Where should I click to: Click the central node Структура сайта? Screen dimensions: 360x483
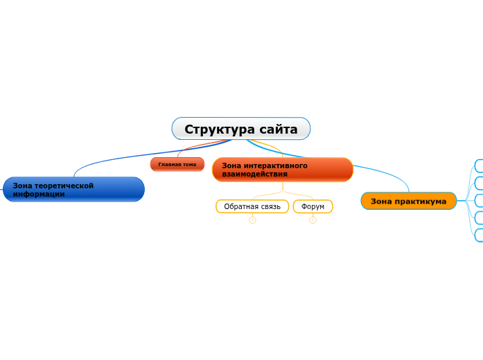tap(240, 129)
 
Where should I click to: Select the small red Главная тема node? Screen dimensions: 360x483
tap(177, 164)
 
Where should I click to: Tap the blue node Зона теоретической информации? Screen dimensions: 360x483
tap(73, 190)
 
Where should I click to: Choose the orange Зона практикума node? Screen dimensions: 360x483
tap(408, 201)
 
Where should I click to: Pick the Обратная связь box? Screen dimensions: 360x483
tap(252, 206)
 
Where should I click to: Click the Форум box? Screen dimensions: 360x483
tap(313, 206)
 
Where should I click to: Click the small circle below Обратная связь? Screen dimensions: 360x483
tap(252, 221)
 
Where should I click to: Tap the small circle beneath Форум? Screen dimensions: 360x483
tap(313, 221)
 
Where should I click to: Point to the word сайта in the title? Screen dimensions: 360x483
tap(278, 129)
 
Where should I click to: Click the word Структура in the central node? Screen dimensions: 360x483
tap(218, 129)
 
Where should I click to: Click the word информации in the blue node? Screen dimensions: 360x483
tap(39, 195)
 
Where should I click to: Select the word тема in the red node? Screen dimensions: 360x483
tap(188, 164)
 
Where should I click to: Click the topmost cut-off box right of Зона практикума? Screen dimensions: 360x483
tap(478, 165)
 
